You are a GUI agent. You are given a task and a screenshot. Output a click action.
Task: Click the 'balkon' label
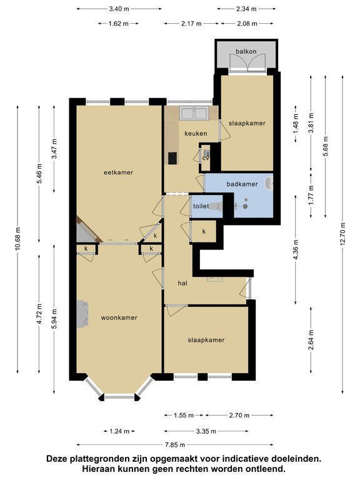246,51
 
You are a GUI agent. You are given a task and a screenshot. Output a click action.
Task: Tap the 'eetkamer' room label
119,172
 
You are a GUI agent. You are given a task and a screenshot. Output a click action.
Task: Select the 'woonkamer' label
119,317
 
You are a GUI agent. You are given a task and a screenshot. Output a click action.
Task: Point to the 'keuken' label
196,134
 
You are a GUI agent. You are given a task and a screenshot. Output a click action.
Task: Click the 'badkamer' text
242,184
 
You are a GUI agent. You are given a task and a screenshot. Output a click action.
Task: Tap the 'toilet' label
201,206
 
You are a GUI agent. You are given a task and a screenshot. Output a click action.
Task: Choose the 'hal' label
182,283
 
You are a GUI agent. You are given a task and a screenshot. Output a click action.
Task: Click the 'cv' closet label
206,158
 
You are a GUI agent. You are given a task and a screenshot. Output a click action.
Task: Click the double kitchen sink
194,113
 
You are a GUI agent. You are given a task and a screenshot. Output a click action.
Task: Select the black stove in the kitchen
172,158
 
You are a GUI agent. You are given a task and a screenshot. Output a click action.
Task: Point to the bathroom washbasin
269,183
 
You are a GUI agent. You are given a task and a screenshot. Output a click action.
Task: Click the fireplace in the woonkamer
82,314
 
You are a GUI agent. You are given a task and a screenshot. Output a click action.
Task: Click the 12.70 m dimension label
343,233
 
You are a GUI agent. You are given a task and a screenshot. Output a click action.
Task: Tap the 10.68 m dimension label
17,239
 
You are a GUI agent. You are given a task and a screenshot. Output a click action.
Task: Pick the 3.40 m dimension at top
119,9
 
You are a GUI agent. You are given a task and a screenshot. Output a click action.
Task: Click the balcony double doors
247,63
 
